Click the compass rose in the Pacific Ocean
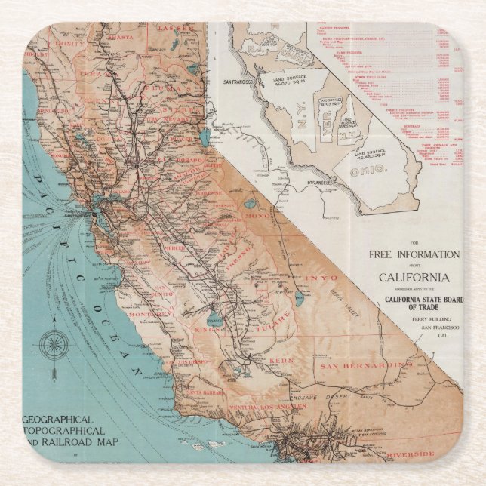tap(54, 346)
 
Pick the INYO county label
tap(320, 278)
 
